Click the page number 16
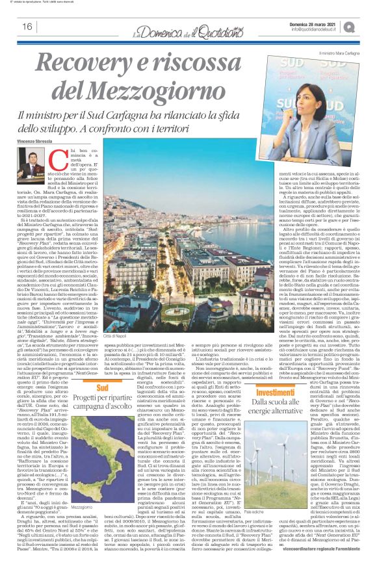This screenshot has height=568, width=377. pos(27,27)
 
